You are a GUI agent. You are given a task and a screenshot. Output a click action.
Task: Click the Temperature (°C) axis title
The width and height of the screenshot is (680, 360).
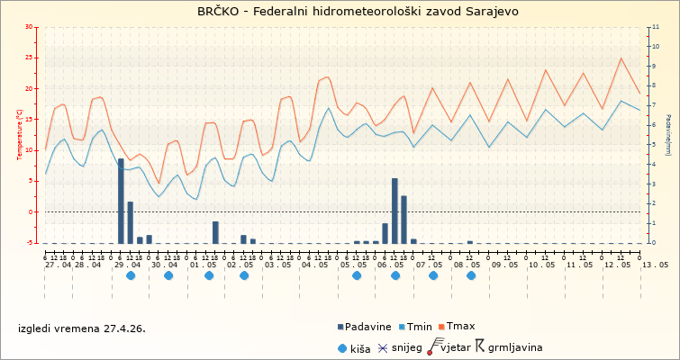pos(20,135)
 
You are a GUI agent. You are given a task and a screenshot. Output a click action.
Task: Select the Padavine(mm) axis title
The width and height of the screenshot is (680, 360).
pos(668,135)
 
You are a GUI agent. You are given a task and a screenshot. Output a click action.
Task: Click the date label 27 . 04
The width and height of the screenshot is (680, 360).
pos(59,265)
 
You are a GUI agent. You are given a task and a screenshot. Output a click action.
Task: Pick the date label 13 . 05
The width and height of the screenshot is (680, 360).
pos(655,265)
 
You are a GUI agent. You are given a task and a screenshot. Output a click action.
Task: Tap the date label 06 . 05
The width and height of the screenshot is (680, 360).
pos(391,265)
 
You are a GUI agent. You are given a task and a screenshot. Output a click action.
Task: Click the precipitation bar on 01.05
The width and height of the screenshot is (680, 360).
pos(215,232)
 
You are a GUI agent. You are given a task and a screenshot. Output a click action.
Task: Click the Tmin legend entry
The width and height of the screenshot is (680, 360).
pos(418,326)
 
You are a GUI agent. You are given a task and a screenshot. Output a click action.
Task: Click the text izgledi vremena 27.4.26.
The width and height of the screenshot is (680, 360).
pos(81,328)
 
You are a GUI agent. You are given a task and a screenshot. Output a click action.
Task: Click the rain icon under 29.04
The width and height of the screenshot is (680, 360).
pos(131,275)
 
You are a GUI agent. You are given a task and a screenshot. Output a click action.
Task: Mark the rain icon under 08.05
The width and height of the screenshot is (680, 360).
pos(471,275)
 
